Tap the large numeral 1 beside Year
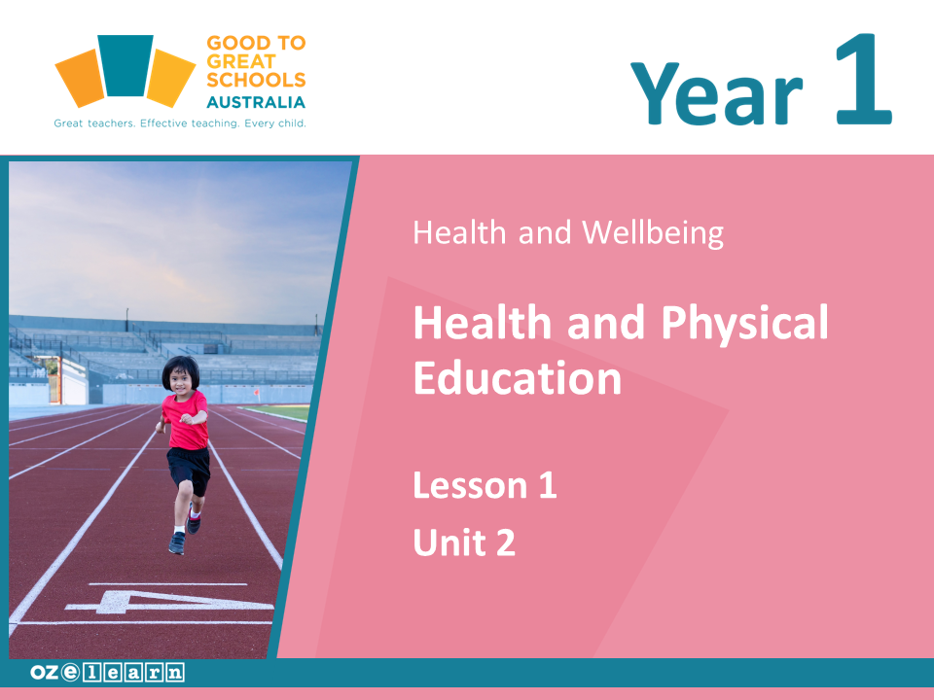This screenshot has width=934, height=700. (x=864, y=79)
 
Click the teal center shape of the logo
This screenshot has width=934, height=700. (x=126, y=65)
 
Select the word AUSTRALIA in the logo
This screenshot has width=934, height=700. (x=256, y=102)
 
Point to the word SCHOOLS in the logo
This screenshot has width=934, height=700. (x=256, y=80)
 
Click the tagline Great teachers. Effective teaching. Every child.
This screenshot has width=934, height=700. (x=180, y=123)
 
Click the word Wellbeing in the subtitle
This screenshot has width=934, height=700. (x=653, y=232)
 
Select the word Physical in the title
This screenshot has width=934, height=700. (x=744, y=323)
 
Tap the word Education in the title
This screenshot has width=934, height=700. (x=517, y=378)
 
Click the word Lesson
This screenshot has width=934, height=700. (x=471, y=485)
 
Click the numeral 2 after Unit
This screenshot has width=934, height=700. (x=506, y=542)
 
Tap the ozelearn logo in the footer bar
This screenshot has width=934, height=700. (x=107, y=672)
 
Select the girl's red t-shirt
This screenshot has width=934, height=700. (x=186, y=421)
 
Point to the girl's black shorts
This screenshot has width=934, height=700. (x=189, y=469)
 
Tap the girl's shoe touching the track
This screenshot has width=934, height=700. (x=177, y=542)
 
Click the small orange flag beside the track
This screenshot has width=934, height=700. (x=257, y=392)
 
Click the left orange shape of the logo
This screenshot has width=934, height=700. (x=81, y=79)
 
